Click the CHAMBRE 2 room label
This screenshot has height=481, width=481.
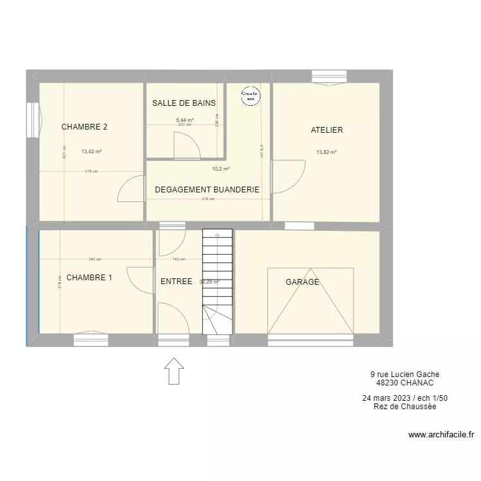point(84,127)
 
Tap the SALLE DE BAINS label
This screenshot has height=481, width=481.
point(183,103)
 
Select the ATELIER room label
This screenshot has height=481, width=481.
point(326,130)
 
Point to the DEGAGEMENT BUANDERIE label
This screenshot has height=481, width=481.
point(207,190)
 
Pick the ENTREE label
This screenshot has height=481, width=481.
point(176,282)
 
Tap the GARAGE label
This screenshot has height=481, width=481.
point(302,282)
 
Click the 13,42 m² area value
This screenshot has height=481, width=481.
point(92,152)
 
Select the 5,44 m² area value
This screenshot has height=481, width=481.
point(185,119)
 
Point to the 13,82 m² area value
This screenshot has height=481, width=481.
point(326,153)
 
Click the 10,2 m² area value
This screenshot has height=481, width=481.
point(221,169)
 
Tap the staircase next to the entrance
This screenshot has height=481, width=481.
point(217,282)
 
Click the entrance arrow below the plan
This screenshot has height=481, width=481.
point(174,371)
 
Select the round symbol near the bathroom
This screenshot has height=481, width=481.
point(249,96)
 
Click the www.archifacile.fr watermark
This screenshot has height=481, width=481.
point(441,435)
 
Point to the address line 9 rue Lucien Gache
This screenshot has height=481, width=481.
point(405,375)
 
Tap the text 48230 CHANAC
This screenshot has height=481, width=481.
point(405,383)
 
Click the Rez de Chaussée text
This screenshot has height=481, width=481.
point(405,407)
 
